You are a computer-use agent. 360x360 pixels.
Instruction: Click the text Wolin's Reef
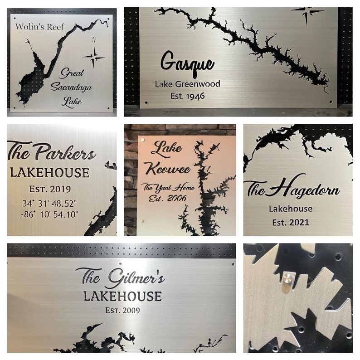(x=40, y=26)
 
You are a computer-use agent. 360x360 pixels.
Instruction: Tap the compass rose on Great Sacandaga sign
(x=94, y=57)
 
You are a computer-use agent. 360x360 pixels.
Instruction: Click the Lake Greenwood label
(x=187, y=84)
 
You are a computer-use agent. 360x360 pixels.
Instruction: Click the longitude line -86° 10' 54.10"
(x=50, y=214)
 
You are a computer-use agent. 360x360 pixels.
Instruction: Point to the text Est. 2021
(x=291, y=222)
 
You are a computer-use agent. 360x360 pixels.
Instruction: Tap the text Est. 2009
(x=122, y=310)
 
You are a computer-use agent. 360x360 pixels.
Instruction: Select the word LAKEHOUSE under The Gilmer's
(x=122, y=297)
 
